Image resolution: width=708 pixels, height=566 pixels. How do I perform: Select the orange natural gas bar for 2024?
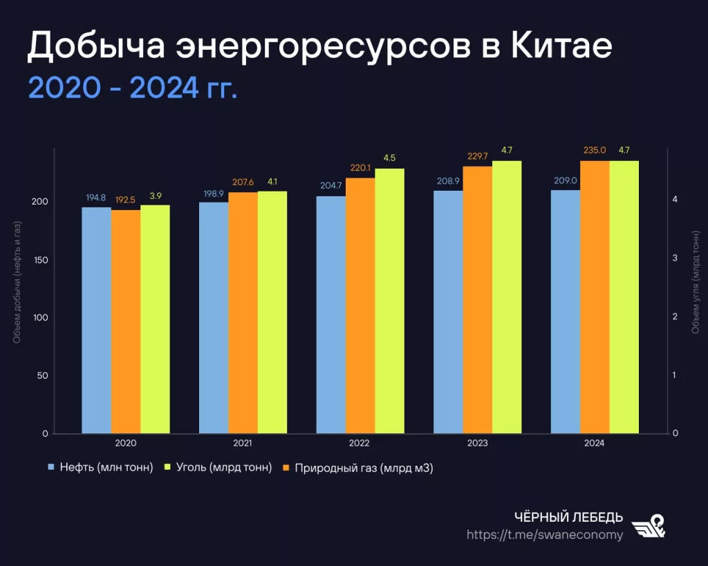595,297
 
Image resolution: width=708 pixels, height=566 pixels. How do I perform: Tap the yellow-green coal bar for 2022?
389,301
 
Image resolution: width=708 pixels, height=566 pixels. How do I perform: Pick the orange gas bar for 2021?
243,312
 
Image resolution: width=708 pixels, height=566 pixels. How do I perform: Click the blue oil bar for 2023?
448,312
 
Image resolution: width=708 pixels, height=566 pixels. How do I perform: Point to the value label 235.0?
595,150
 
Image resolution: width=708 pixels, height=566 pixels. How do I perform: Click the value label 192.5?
125,199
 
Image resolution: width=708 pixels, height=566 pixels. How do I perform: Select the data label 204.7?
330,186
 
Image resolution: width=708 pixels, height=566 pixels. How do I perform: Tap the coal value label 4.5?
389,158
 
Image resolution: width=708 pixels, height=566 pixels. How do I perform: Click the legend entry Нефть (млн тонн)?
104,468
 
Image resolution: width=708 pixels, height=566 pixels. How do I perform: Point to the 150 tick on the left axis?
40,260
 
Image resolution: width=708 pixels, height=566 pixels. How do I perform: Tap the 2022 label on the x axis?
360,443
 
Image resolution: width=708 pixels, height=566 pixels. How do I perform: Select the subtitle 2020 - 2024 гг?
132,88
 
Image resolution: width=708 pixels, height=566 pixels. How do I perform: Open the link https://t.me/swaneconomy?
544,534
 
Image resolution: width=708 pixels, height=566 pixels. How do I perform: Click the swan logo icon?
650,526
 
